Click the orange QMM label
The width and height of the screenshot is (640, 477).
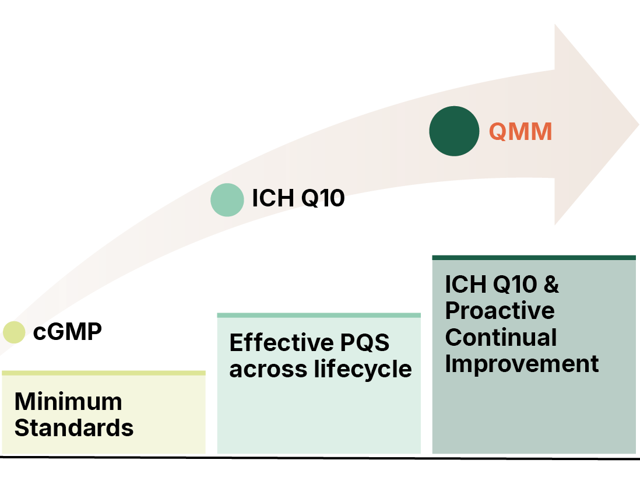(x=520, y=132)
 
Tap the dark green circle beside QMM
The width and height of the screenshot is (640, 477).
(x=454, y=131)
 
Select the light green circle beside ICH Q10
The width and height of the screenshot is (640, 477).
(x=227, y=199)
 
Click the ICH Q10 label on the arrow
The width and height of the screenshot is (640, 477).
(x=298, y=198)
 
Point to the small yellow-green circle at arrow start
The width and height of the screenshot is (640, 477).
(x=14, y=332)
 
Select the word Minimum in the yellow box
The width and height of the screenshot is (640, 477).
(x=68, y=402)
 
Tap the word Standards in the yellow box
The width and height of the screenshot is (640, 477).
(x=74, y=428)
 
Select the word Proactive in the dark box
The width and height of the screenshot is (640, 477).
(x=500, y=310)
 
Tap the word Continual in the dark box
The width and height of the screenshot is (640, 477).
(x=501, y=337)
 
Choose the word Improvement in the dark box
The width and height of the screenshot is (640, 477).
(x=522, y=363)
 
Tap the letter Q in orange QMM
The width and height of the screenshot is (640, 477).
(x=497, y=132)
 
